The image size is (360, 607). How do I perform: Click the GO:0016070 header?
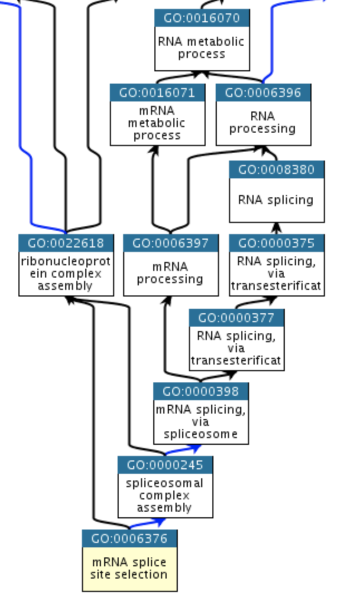coord(202,18)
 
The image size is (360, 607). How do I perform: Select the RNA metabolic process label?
coord(201,47)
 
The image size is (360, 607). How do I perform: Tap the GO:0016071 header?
coord(158,93)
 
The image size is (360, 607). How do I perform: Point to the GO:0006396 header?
coord(263,93)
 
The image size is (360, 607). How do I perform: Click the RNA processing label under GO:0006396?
coord(262,122)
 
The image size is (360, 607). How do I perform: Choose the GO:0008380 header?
coord(277,169)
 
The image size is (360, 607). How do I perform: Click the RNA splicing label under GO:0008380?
coord(276,200)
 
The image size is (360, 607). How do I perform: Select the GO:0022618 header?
coord(66,243)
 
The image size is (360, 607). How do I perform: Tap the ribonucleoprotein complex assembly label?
coord(66,274)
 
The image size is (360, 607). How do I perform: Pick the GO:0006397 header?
coord(171,243)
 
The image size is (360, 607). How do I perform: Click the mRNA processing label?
coord(170,273)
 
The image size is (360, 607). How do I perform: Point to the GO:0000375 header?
coord(277,243)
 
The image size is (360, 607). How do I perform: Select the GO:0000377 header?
coord(237,318)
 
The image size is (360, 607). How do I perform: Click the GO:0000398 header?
coord(201,391)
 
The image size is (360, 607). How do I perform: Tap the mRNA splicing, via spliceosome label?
coord(201,421)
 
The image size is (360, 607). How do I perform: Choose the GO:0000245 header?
coord(166,465)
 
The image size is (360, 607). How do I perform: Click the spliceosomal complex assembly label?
coord(164,495)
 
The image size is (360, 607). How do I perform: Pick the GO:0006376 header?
coord(130,538)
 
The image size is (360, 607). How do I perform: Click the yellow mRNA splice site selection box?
coord(130,569)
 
